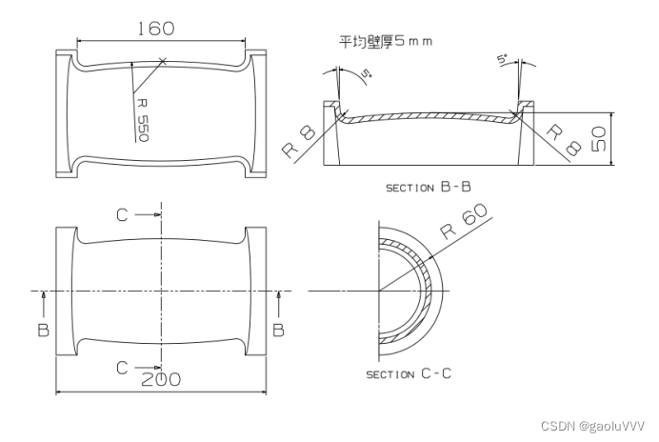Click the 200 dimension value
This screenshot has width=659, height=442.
click(162, 378)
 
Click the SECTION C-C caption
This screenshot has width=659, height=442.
click(409, 373)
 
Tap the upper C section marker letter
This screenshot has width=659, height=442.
click(122, 215)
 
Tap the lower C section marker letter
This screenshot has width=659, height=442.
click(122, 366)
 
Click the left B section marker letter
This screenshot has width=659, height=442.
click(43, 330)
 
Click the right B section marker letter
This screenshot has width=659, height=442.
click(278, 330)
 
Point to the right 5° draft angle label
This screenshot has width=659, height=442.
click(502, 59)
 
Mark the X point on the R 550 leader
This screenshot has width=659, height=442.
click(163, 62)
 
